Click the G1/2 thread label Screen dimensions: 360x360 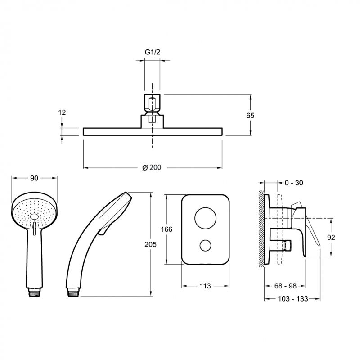coord(153,52)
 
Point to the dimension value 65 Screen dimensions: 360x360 coord(250,115)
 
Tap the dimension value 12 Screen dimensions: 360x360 coord(62,112)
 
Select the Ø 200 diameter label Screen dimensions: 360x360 coord(152,167)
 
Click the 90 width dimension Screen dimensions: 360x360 coord(34,178)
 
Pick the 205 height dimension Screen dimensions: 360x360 coord(150,244)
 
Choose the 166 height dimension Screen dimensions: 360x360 coord(166,229)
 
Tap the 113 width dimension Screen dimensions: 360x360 coord(205,286)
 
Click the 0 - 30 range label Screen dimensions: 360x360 coord(294,183)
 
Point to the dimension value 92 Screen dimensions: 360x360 coord(331,238)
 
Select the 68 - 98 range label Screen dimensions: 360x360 coord(285,286)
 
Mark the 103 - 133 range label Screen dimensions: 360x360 coord(293,299)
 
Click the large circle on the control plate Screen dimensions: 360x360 coord(205,218)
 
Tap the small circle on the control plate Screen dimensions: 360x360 coord(205,245)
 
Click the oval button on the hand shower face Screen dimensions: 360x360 coord(34,216)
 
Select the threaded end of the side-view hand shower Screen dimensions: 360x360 coord(73,292)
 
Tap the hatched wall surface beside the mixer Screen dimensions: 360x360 coord(261,229)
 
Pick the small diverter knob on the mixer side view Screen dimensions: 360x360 coord(287,245)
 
